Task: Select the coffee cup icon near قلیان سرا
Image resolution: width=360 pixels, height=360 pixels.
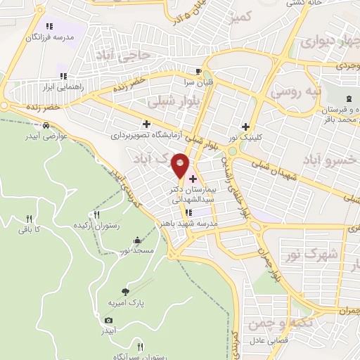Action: point(199,71)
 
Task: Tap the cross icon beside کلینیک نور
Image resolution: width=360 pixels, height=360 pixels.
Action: point(245,127)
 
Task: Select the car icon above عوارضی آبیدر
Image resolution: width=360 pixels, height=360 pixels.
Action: point(46,125)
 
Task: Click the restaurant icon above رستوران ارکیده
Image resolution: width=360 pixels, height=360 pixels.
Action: point(97,214)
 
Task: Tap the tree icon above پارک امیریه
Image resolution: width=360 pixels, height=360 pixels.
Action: point(124,291)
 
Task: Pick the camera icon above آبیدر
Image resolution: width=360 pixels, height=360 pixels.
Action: point(108,321)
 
